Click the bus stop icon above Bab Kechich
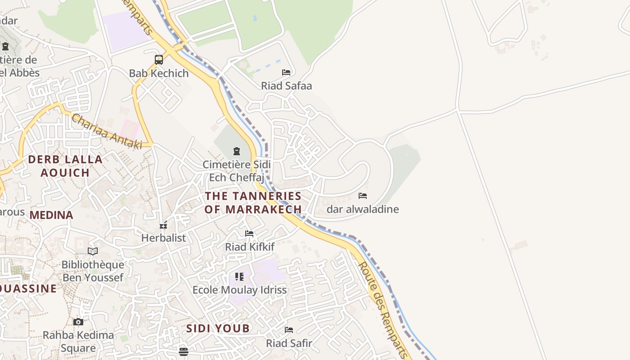[x=159, y=59]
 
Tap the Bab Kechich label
[x=159, y=73]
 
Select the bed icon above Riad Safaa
[x=286, y=72]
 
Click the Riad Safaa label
[x=286, y=85]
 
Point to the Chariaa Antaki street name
[x=107, y=131]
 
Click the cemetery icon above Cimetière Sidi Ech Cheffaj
[x=237, y=151]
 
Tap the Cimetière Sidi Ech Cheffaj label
[x=237, y=171]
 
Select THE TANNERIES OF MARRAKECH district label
[x=253, y=202]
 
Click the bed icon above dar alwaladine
[x=363, y=195]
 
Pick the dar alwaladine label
[x=363, y=209]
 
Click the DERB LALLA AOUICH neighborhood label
[x=65, y=166]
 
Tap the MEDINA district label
[x=51, y=215]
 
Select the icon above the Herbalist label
[x=163, y=225]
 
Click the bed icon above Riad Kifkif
[x=249, y=233]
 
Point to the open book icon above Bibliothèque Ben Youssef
[x=93, y=251]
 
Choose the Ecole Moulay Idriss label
[x=239, y=290]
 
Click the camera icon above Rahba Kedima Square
[x=78, y=322]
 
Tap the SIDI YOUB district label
[x=218, y=328]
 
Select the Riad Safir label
[x=289, y=343]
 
